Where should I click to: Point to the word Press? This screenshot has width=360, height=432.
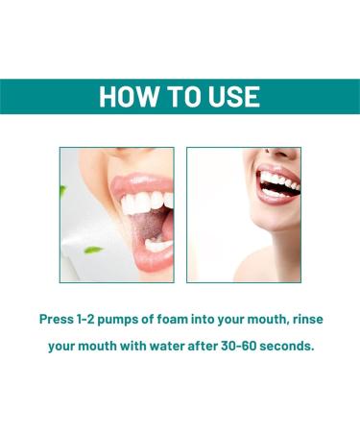[x=59, y=318]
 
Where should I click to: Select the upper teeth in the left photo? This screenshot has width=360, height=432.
[x=145, y=202]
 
